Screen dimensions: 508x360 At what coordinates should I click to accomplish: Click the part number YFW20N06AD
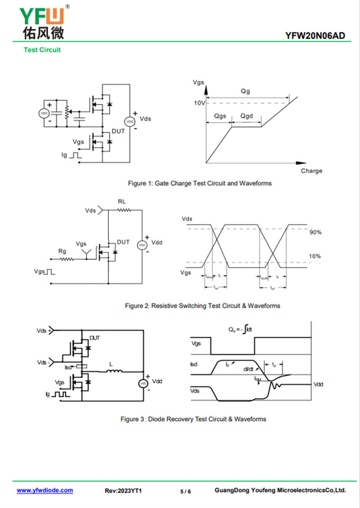click(315, 36)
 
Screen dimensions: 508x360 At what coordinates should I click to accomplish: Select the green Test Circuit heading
click(42, 50)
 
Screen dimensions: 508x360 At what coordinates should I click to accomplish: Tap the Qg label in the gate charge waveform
click(245, 91)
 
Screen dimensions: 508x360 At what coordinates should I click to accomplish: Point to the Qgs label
click(220, 116)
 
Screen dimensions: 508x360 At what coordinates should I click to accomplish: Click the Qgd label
click(246, 116)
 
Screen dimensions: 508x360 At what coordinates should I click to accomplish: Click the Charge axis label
click(311, 171)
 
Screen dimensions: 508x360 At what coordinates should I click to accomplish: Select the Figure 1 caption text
click(200, 183)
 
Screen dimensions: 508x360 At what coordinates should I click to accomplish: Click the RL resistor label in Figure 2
click(122, 201)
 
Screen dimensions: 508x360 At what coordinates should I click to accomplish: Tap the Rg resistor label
click(63, 250)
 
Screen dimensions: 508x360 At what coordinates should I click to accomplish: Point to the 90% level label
click(315, 232)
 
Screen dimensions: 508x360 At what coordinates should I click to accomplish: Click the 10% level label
click(315, 256)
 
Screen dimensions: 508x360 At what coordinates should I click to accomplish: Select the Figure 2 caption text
click(202, 306)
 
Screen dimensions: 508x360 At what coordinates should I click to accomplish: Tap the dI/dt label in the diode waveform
click(248, 369)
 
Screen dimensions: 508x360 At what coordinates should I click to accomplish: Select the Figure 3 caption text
click(193, 419)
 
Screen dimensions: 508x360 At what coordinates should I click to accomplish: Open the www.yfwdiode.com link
click(45, 490)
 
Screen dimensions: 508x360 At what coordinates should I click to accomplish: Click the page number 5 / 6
click(185, 491)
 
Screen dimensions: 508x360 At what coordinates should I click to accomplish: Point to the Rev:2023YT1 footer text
click(123, 491)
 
